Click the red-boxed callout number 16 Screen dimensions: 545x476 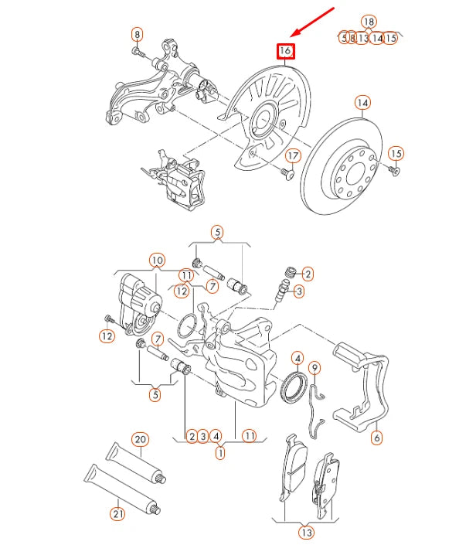285,51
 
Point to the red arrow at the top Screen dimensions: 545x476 313,22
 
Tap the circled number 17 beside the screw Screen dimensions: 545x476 292,155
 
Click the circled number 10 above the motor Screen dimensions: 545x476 157,260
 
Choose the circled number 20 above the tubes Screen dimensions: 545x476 139,439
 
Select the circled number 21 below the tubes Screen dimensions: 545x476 117,512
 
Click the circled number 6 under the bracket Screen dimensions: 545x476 376,438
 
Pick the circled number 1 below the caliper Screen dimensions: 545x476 220,453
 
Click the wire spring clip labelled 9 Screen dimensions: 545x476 314,406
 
